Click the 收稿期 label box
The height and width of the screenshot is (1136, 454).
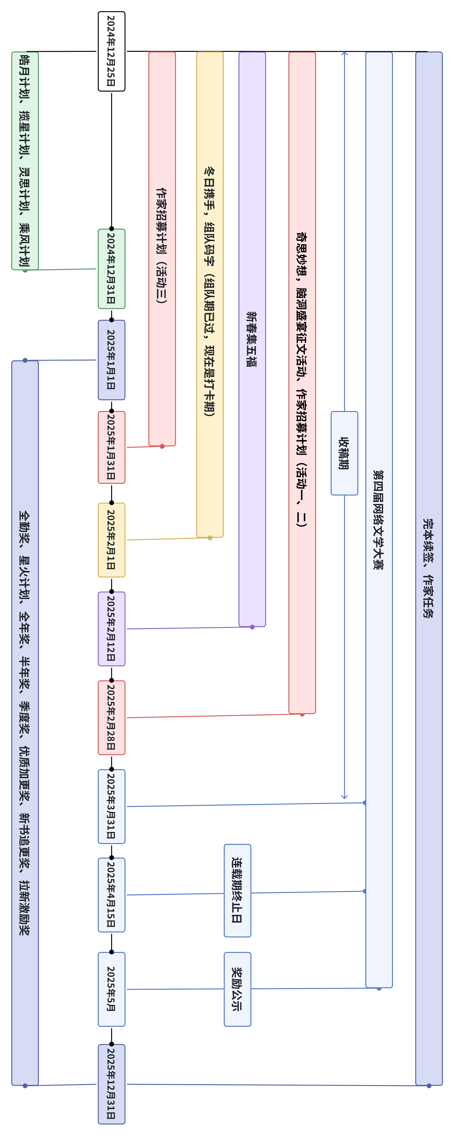(x=344, y=453)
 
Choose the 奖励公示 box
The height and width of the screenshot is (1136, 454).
(x=237, y=989)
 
